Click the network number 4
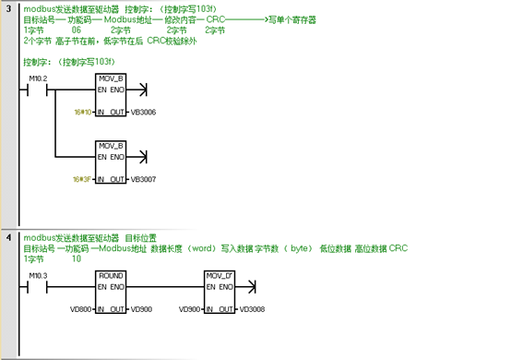pos(8,238)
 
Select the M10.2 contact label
pos(38,79)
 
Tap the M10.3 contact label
pos(38,275)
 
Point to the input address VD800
pos(83,307)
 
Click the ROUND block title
pos(112,275)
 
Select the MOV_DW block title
pos(220,275)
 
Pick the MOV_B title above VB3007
pos(112,146)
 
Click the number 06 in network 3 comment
pos(76,30)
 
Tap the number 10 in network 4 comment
pos(76,259)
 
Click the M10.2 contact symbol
pos(38,91)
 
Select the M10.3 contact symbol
pos(38,287)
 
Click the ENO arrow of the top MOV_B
pos(141,91)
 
